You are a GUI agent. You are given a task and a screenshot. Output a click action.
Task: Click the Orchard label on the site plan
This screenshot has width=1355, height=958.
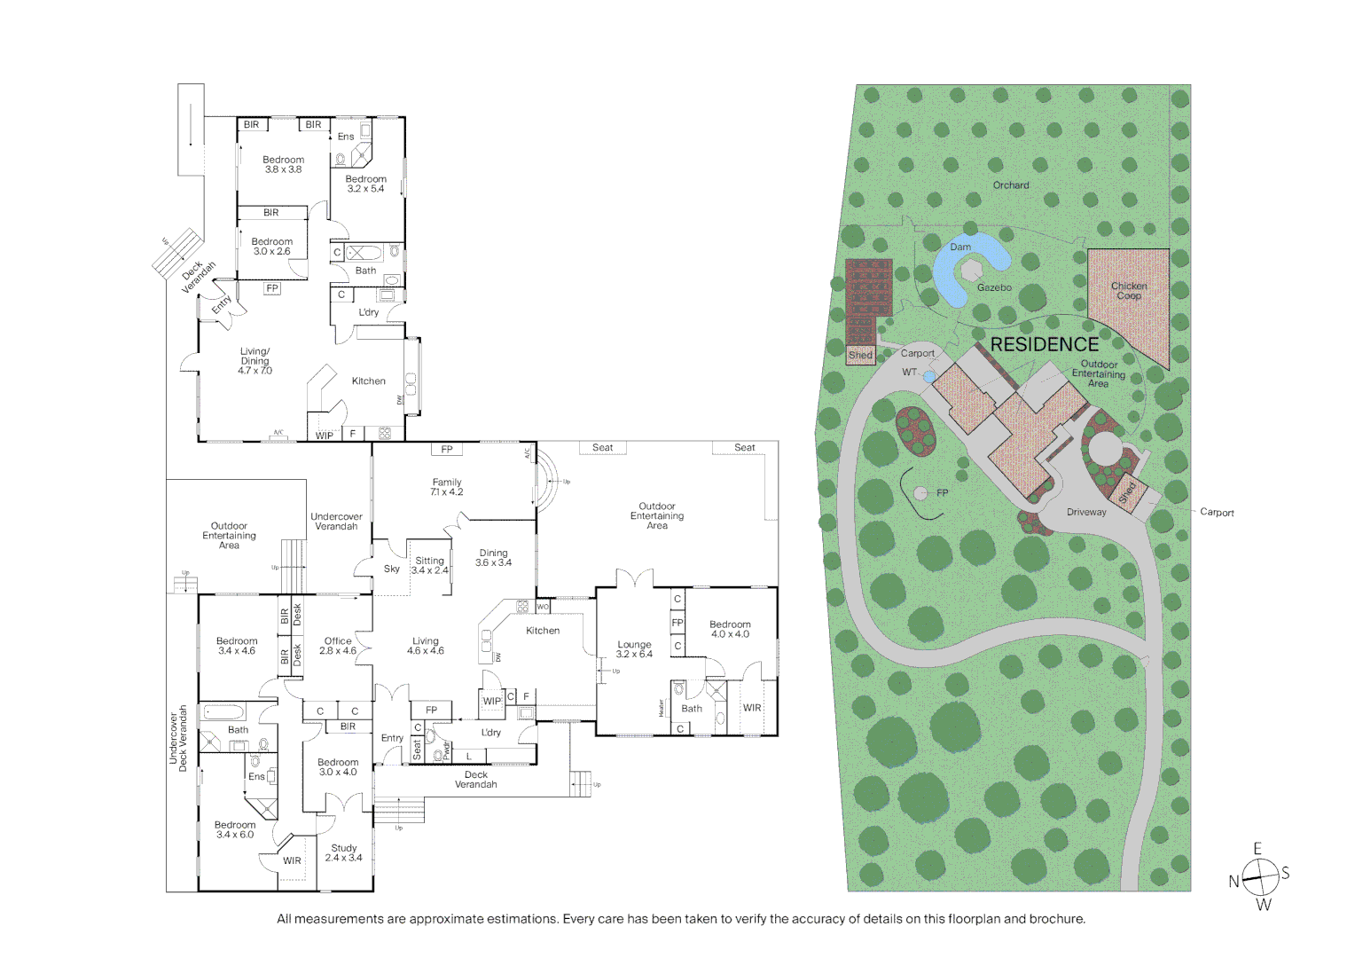point(1011,185)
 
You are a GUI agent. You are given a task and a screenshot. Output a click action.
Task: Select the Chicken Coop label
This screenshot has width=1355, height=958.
point(1129,291)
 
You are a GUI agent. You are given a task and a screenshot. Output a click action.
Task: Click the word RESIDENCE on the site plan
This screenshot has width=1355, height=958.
point(1044,344)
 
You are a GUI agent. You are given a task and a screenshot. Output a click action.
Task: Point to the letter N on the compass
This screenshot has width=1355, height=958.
point(1234,882)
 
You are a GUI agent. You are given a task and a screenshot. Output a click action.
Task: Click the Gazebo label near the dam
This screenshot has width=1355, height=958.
point(994,287)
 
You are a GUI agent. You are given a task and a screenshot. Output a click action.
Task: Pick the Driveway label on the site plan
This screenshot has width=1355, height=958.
point(1086,512)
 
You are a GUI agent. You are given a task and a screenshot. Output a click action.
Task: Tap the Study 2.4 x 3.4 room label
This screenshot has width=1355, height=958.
point(344,853)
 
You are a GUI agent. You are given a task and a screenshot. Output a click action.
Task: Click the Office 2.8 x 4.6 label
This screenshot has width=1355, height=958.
point(338,646)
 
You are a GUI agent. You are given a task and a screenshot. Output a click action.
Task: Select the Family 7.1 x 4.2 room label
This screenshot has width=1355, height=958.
point(447,487)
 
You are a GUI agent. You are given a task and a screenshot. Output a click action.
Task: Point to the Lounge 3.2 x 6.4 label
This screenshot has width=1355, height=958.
point(634,649)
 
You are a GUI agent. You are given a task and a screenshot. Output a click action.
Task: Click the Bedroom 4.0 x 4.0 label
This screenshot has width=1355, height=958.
point(730,629)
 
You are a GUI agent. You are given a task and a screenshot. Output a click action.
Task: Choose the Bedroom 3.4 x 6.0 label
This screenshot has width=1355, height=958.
point(235,829)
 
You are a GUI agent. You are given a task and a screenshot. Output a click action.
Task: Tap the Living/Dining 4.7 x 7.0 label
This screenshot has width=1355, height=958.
point(255,361)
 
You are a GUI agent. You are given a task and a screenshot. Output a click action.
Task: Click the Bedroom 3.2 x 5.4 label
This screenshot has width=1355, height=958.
point(365,184)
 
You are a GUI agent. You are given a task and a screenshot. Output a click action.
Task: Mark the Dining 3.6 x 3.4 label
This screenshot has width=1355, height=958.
point(493,558)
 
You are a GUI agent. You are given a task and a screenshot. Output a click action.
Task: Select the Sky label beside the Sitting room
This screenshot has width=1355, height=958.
point(392,569)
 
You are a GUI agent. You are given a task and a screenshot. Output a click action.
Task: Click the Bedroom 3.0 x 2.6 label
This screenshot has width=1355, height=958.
point(271,247)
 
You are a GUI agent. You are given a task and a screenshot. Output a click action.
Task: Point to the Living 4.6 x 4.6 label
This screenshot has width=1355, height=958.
point(426,646)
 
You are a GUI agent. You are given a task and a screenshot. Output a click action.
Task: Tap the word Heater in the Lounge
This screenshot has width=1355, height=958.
point(661,708)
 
